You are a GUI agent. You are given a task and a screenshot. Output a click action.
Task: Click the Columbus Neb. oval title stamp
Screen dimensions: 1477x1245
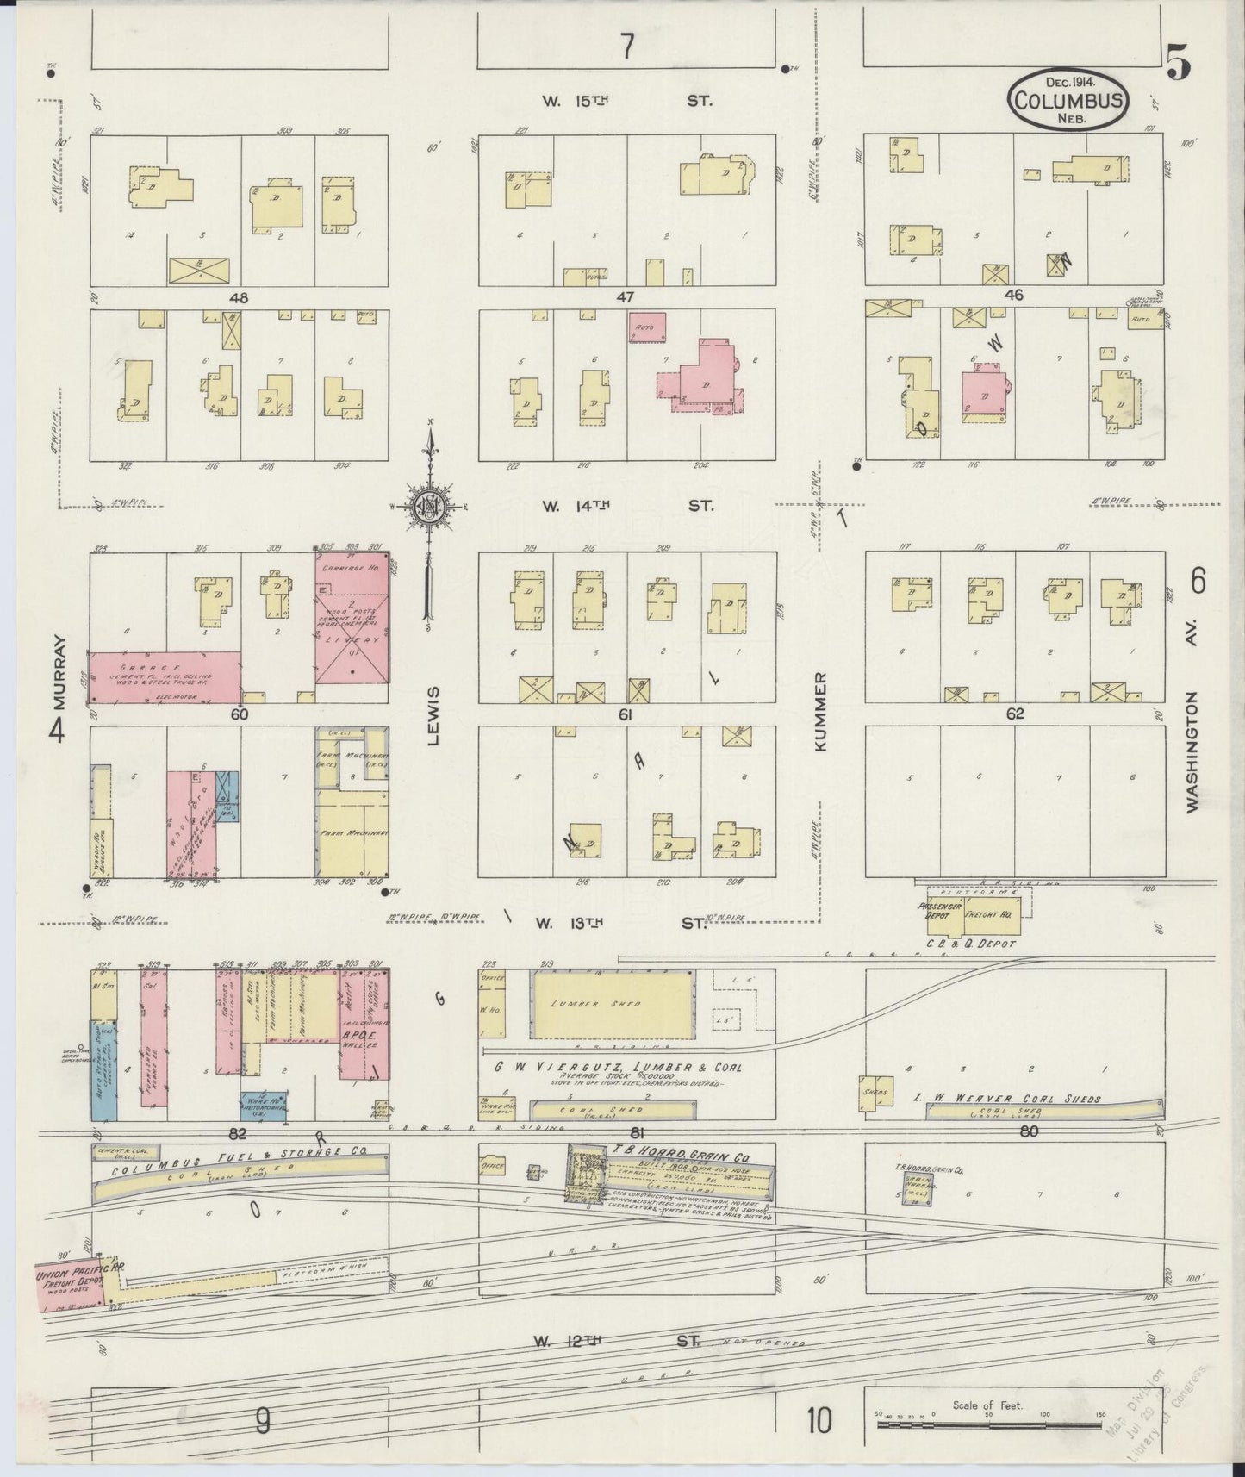pos(1066,100)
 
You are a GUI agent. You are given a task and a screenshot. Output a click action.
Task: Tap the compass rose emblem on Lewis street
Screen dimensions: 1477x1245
pos(428,506)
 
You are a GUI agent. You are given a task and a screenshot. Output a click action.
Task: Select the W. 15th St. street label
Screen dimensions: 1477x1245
pos(626,101)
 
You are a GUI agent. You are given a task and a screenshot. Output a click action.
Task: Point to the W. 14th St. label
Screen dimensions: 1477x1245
pos(626,506)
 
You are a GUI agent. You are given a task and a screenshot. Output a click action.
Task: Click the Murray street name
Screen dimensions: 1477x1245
pos(59,670)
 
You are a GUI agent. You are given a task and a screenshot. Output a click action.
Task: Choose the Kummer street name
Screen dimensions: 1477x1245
pos(819,711)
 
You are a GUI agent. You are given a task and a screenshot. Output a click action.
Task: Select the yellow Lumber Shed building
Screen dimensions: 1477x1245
pos(613,1004)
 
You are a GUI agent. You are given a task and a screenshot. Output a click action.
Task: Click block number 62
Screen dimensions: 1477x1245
pos(1014,714)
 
